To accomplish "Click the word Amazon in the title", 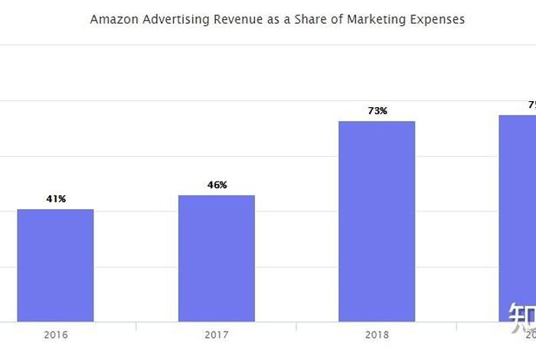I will pos(113,19).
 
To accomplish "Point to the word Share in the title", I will pos(306,19).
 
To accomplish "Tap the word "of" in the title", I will pos(335,19).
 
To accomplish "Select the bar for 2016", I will pos(55,265).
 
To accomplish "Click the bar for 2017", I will pos(217,258).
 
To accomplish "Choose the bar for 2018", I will pos(377,221).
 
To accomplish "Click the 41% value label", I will pos(56,199).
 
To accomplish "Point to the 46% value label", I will pos(217,185).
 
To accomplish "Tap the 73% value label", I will pos(377,111).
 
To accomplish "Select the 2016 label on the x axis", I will pos(55,335).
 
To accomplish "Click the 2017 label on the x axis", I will pos(217,335).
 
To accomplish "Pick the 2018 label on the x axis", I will pos(377,335).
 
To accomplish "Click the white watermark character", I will pos(522,315).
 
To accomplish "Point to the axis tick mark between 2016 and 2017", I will pos(136,326).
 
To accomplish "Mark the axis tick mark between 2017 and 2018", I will pos(296,326).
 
